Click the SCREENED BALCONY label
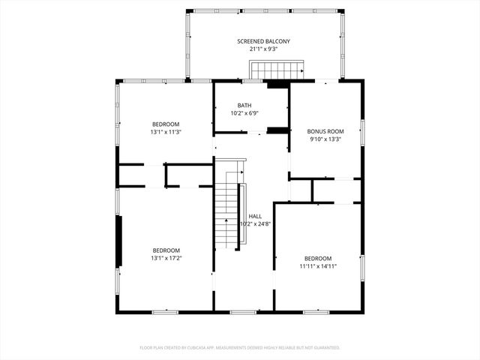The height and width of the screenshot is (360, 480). [263, 41]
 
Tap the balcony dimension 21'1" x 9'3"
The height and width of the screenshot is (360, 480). [263, 49]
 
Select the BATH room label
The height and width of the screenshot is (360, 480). [244, 105]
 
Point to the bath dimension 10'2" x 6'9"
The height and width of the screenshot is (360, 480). [244, 113]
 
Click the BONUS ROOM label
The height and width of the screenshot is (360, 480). [325, 131]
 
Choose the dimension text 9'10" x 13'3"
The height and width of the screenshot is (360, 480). [325, 139]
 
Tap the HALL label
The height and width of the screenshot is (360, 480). [255, 216]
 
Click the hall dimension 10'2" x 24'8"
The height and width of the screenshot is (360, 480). [255, 223]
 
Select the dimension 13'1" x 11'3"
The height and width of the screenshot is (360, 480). [166, 132]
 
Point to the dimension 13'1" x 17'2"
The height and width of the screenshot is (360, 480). [166, 258]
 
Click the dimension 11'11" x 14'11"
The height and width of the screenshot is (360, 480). [319, 266]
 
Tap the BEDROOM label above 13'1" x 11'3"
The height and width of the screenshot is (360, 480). [166, 124]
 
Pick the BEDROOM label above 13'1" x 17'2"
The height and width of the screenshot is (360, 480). [166, 250]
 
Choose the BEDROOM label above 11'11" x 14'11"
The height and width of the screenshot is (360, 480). [319, 258]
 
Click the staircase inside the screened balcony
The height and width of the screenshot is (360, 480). [275, 70]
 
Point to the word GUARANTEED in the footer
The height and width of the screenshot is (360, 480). [325, 348]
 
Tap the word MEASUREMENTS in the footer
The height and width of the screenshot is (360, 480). [243, 348]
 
